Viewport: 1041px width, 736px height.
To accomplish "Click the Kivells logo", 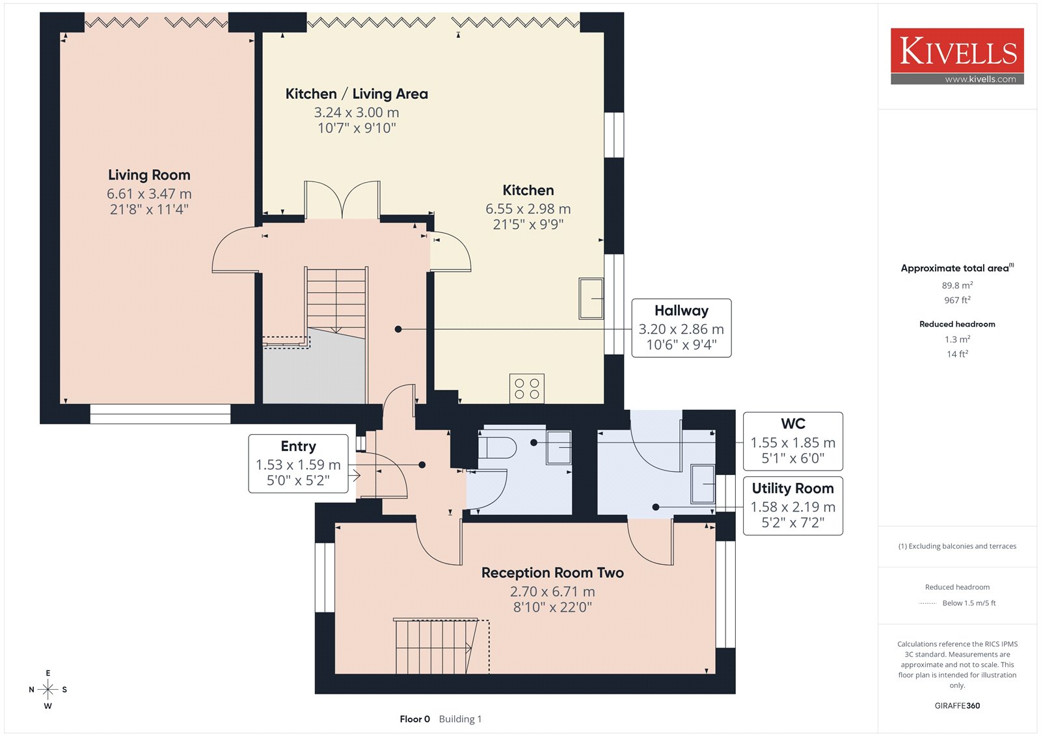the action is (957, 56).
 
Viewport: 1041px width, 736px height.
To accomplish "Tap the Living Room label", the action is (149, 175).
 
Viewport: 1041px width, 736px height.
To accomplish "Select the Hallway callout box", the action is (681, 328).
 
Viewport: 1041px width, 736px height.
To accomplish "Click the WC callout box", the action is (793, 441).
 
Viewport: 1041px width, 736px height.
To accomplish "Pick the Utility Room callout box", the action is (793, 506).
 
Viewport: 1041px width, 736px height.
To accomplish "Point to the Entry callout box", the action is (299, 463).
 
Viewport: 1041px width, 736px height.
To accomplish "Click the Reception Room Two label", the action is (552, 573).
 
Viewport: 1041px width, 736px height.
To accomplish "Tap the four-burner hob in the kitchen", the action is (527, 388).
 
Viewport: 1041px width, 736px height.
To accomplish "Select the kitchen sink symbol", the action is (591, 298).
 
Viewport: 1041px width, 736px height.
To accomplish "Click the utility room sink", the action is (703, 484).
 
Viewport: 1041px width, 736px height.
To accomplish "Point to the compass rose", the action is (48, 689).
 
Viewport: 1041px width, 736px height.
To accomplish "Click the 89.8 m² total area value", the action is (957, 285).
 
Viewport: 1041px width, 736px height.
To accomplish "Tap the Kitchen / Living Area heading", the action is (357, 94).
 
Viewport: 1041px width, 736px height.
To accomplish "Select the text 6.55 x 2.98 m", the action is (528, 209).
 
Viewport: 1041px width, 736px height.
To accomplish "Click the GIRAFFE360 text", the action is (957, 705).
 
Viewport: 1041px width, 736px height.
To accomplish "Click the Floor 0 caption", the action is (414, 719).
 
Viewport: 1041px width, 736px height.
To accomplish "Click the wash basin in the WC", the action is (559, 447).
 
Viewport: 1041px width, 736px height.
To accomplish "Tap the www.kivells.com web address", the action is (980, 79).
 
